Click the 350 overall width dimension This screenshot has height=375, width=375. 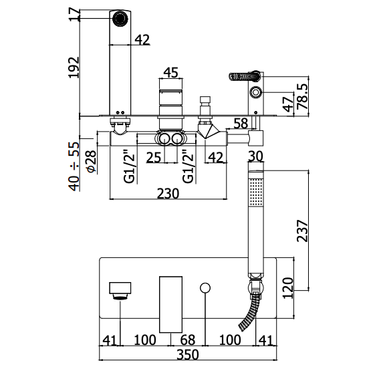(188, 354)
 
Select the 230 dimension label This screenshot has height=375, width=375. (168, 193)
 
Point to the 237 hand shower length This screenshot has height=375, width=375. (302, 231)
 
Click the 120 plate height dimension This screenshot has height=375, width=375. (288, 287)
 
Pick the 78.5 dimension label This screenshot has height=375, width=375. (303, 96)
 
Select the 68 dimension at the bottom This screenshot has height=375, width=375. (188, 340)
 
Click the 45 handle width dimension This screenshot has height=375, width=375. (171, 72)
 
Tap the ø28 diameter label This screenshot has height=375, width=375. (92, 161)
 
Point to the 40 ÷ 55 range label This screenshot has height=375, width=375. (74, 166)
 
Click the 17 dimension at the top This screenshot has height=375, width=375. (74, 14)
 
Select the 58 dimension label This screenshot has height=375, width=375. (241, 124)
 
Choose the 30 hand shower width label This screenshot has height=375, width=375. (255, 156)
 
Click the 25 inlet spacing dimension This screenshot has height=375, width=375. (154, 158)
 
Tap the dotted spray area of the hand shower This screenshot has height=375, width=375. (256, 192)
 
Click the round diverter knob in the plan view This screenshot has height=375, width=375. (205, 287)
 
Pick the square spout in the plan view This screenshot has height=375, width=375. (120, 288)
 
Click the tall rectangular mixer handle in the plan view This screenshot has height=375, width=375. (170, 304)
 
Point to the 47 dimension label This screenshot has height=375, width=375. (288, 104)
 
